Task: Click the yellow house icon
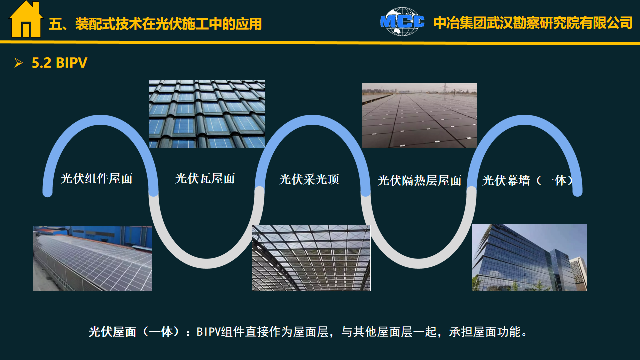[x=26, y=19]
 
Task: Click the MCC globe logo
[x=402, y=21]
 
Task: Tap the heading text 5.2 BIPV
[x=59, y=63]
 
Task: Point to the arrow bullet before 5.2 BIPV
[x=18, y=63]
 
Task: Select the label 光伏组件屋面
[x=97, y=179]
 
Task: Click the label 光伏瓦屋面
[x=205, y=179]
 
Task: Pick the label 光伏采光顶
[x=309, y=179]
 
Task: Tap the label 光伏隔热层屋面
[x=419, y=181]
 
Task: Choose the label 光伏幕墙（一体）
[x=528, y=181]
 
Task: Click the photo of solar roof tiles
[x=207, y=114]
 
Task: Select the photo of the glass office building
[x=529, y=257]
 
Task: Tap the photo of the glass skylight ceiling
[x=311, y=258]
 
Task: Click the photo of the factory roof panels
[x=93, y=259]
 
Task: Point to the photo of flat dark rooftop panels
[x=419, y=116]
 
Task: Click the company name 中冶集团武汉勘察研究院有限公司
[x=533, y=23]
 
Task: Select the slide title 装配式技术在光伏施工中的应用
[x=169, y=24]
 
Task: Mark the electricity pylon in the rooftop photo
[x=445, y=88]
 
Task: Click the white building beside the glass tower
[x=578, y=274]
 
